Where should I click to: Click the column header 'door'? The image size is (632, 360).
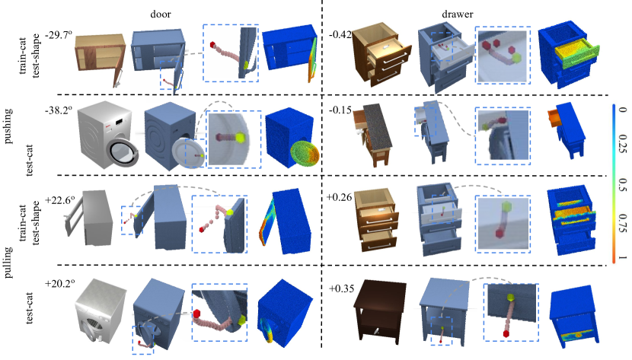[161, 14]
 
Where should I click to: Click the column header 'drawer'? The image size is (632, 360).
[457, 14]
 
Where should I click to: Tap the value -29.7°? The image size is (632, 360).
[59, 35]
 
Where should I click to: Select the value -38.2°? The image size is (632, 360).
[59, 110]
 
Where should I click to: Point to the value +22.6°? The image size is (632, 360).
[60, 199]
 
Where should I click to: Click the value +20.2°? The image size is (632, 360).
[60, 283]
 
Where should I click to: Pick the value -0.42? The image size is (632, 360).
[340, 35]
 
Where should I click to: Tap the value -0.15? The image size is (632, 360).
[340, 110]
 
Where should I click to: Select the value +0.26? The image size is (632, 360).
[340, 197]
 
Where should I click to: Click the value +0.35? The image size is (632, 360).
[342, 288]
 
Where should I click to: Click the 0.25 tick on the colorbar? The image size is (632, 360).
[622, 144]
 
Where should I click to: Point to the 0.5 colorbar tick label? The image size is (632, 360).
[622, 185]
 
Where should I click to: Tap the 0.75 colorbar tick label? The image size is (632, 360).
[622, 224]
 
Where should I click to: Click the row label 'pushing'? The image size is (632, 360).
[8, 126]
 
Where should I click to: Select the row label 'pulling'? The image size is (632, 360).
[8, 263]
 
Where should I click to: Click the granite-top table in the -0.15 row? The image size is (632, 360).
[372, 135]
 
